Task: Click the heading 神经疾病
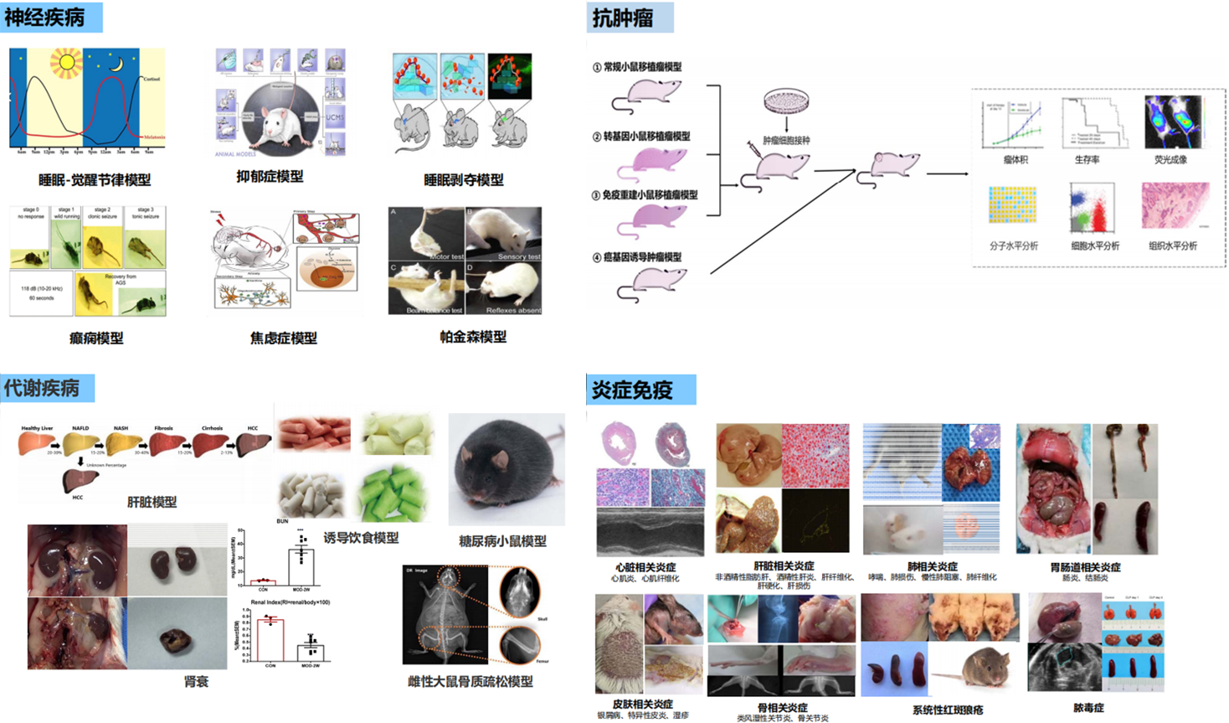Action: (45, 17)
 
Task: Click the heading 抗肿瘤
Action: (623, 18)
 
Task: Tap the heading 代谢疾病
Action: (43, 388)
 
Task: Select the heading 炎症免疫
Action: (633, 390)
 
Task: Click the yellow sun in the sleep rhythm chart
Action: (66, 63)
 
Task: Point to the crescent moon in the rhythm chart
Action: (117, 64)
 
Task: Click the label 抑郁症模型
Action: (270, 177)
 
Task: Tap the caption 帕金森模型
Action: (473, 337)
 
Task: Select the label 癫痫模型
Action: (96, 338)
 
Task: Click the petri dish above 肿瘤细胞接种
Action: (787, 102)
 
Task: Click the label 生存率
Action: (1087, 159)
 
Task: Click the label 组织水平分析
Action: (1172, 245)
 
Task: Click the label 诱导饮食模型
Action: (361, 538)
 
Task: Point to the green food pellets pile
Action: (394, 494)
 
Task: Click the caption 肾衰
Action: (196, 681)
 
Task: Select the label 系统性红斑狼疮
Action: (947, 710)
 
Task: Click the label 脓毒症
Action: (1088, 708)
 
